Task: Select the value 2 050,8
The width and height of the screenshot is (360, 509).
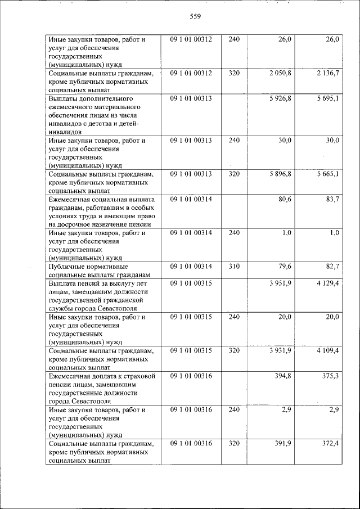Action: point(280,73)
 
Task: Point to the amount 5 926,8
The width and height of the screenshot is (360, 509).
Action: point(280,98)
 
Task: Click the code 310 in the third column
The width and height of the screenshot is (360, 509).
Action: point(234,266)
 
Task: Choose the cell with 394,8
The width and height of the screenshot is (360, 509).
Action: point(282,375)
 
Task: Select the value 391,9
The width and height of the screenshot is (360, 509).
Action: point(282,444)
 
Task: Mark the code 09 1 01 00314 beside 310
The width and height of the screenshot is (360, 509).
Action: point(191,266)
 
